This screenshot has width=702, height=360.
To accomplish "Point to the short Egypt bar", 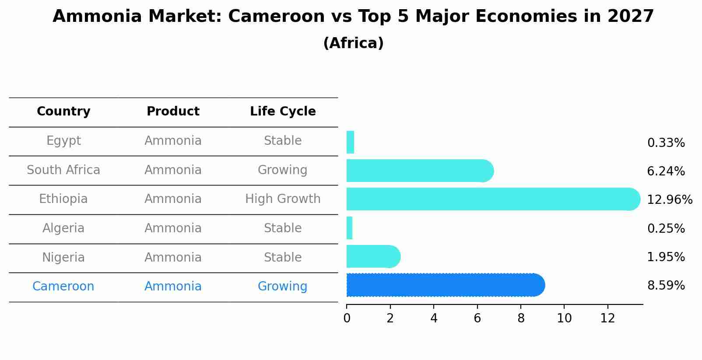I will coord(350,142).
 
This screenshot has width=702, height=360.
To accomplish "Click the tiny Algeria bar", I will coord(349,228).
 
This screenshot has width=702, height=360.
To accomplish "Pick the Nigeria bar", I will coord(372,256).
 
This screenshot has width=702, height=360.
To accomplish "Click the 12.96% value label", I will coord(669,200).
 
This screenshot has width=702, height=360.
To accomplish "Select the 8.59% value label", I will coord(666,286).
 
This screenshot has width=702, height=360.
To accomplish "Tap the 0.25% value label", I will coord(666,228).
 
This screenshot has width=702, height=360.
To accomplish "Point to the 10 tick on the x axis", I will coord(564,318).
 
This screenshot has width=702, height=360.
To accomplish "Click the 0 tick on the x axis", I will coord(347,318).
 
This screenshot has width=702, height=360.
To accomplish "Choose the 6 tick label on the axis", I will coord(477,318).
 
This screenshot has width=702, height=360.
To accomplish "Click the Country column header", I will coord(63,112).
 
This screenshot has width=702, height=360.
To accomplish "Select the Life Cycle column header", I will coord(283,112).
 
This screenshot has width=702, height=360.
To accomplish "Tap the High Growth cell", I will coord(283,199).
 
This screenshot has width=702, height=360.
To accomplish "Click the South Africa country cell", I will coord(63,170).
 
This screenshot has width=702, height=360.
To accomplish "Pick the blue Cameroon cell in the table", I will coord(63,287).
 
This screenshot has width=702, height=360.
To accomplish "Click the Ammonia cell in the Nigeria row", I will coord(173,257).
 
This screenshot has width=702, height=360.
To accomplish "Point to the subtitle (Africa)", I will coord(353,43).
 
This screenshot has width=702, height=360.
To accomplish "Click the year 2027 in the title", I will coord(630,17).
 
